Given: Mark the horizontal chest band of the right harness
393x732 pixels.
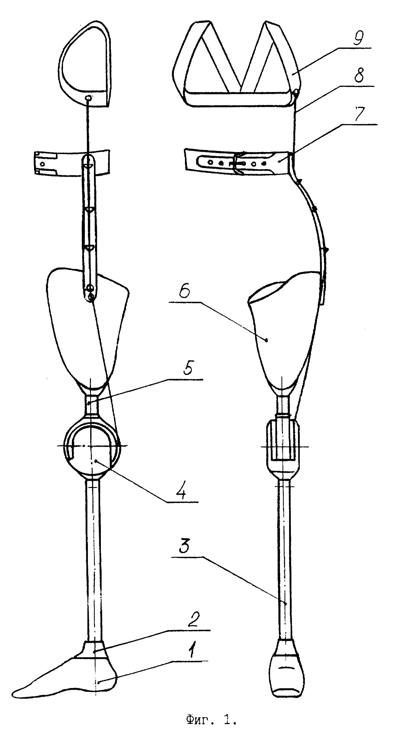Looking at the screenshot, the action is [239, 97].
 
